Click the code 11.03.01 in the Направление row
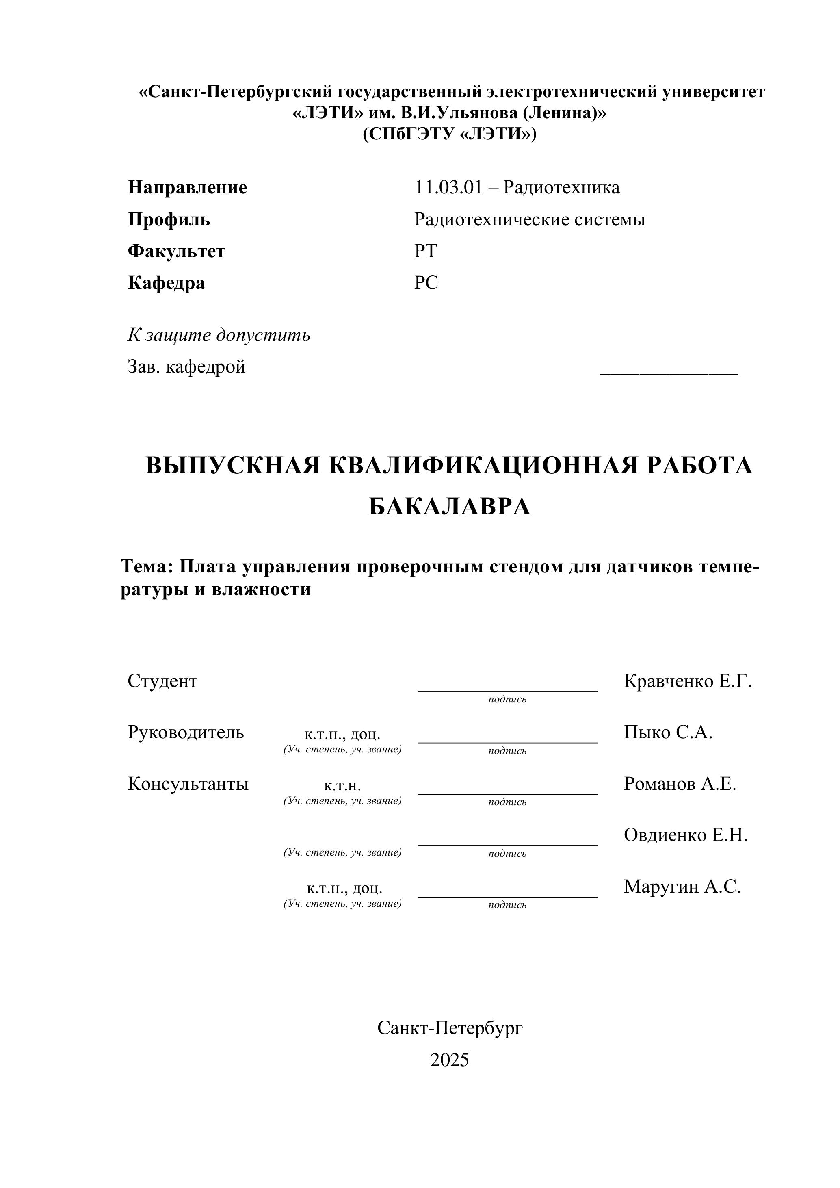coord(448,187)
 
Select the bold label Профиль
coord(169,219)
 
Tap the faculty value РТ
coord(425,251)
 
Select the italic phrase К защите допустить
coord(219,335)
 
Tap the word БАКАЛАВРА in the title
coord(450,507)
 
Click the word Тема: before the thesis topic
coord(146,567)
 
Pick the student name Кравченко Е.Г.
coord(687,681)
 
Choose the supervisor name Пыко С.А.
coord(668,732)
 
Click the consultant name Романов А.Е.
coord(680,783)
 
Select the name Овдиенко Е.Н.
coord(685,835)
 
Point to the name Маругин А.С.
coord(682,887)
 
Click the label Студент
coord(162,681)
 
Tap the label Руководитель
coord(186,732)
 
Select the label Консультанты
coord(188,783)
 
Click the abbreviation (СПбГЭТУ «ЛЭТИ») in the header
coord(450,134)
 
